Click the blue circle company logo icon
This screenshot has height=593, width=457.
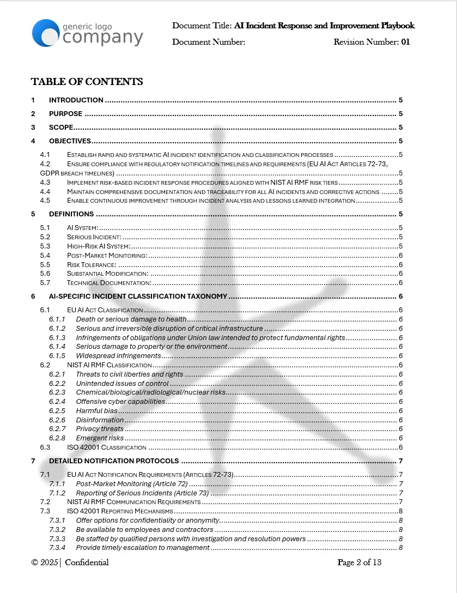click(x=46, y=33)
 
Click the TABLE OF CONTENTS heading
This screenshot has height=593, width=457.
click(x=87, y=82)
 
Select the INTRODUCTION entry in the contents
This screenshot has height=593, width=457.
click(x=76, y=100)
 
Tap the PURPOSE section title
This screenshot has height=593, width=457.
click(x=65, y=114)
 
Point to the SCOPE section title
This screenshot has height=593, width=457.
click(x=61, y=128)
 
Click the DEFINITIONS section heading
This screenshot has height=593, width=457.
click(x=71, y=214)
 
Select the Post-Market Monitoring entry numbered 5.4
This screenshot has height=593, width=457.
click(x=107, y=256)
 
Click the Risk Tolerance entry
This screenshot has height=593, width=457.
click(x=91, y=265)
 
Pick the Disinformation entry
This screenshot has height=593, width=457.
click(x=100, y=420)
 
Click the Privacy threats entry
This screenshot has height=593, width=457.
click(x=100, y=429)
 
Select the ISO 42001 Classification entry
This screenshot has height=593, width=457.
click(x=106, y=447)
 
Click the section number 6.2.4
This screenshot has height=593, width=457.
click(x=57, y=402)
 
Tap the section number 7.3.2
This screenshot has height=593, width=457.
click(x=57, y=530)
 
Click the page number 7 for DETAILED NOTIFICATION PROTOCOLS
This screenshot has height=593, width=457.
click(x=400, y=462)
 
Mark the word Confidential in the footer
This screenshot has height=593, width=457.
click(x=87, y=562)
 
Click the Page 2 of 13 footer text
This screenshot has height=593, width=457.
click(x=359, y=562)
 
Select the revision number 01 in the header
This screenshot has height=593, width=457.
click(x=405, y=42)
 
